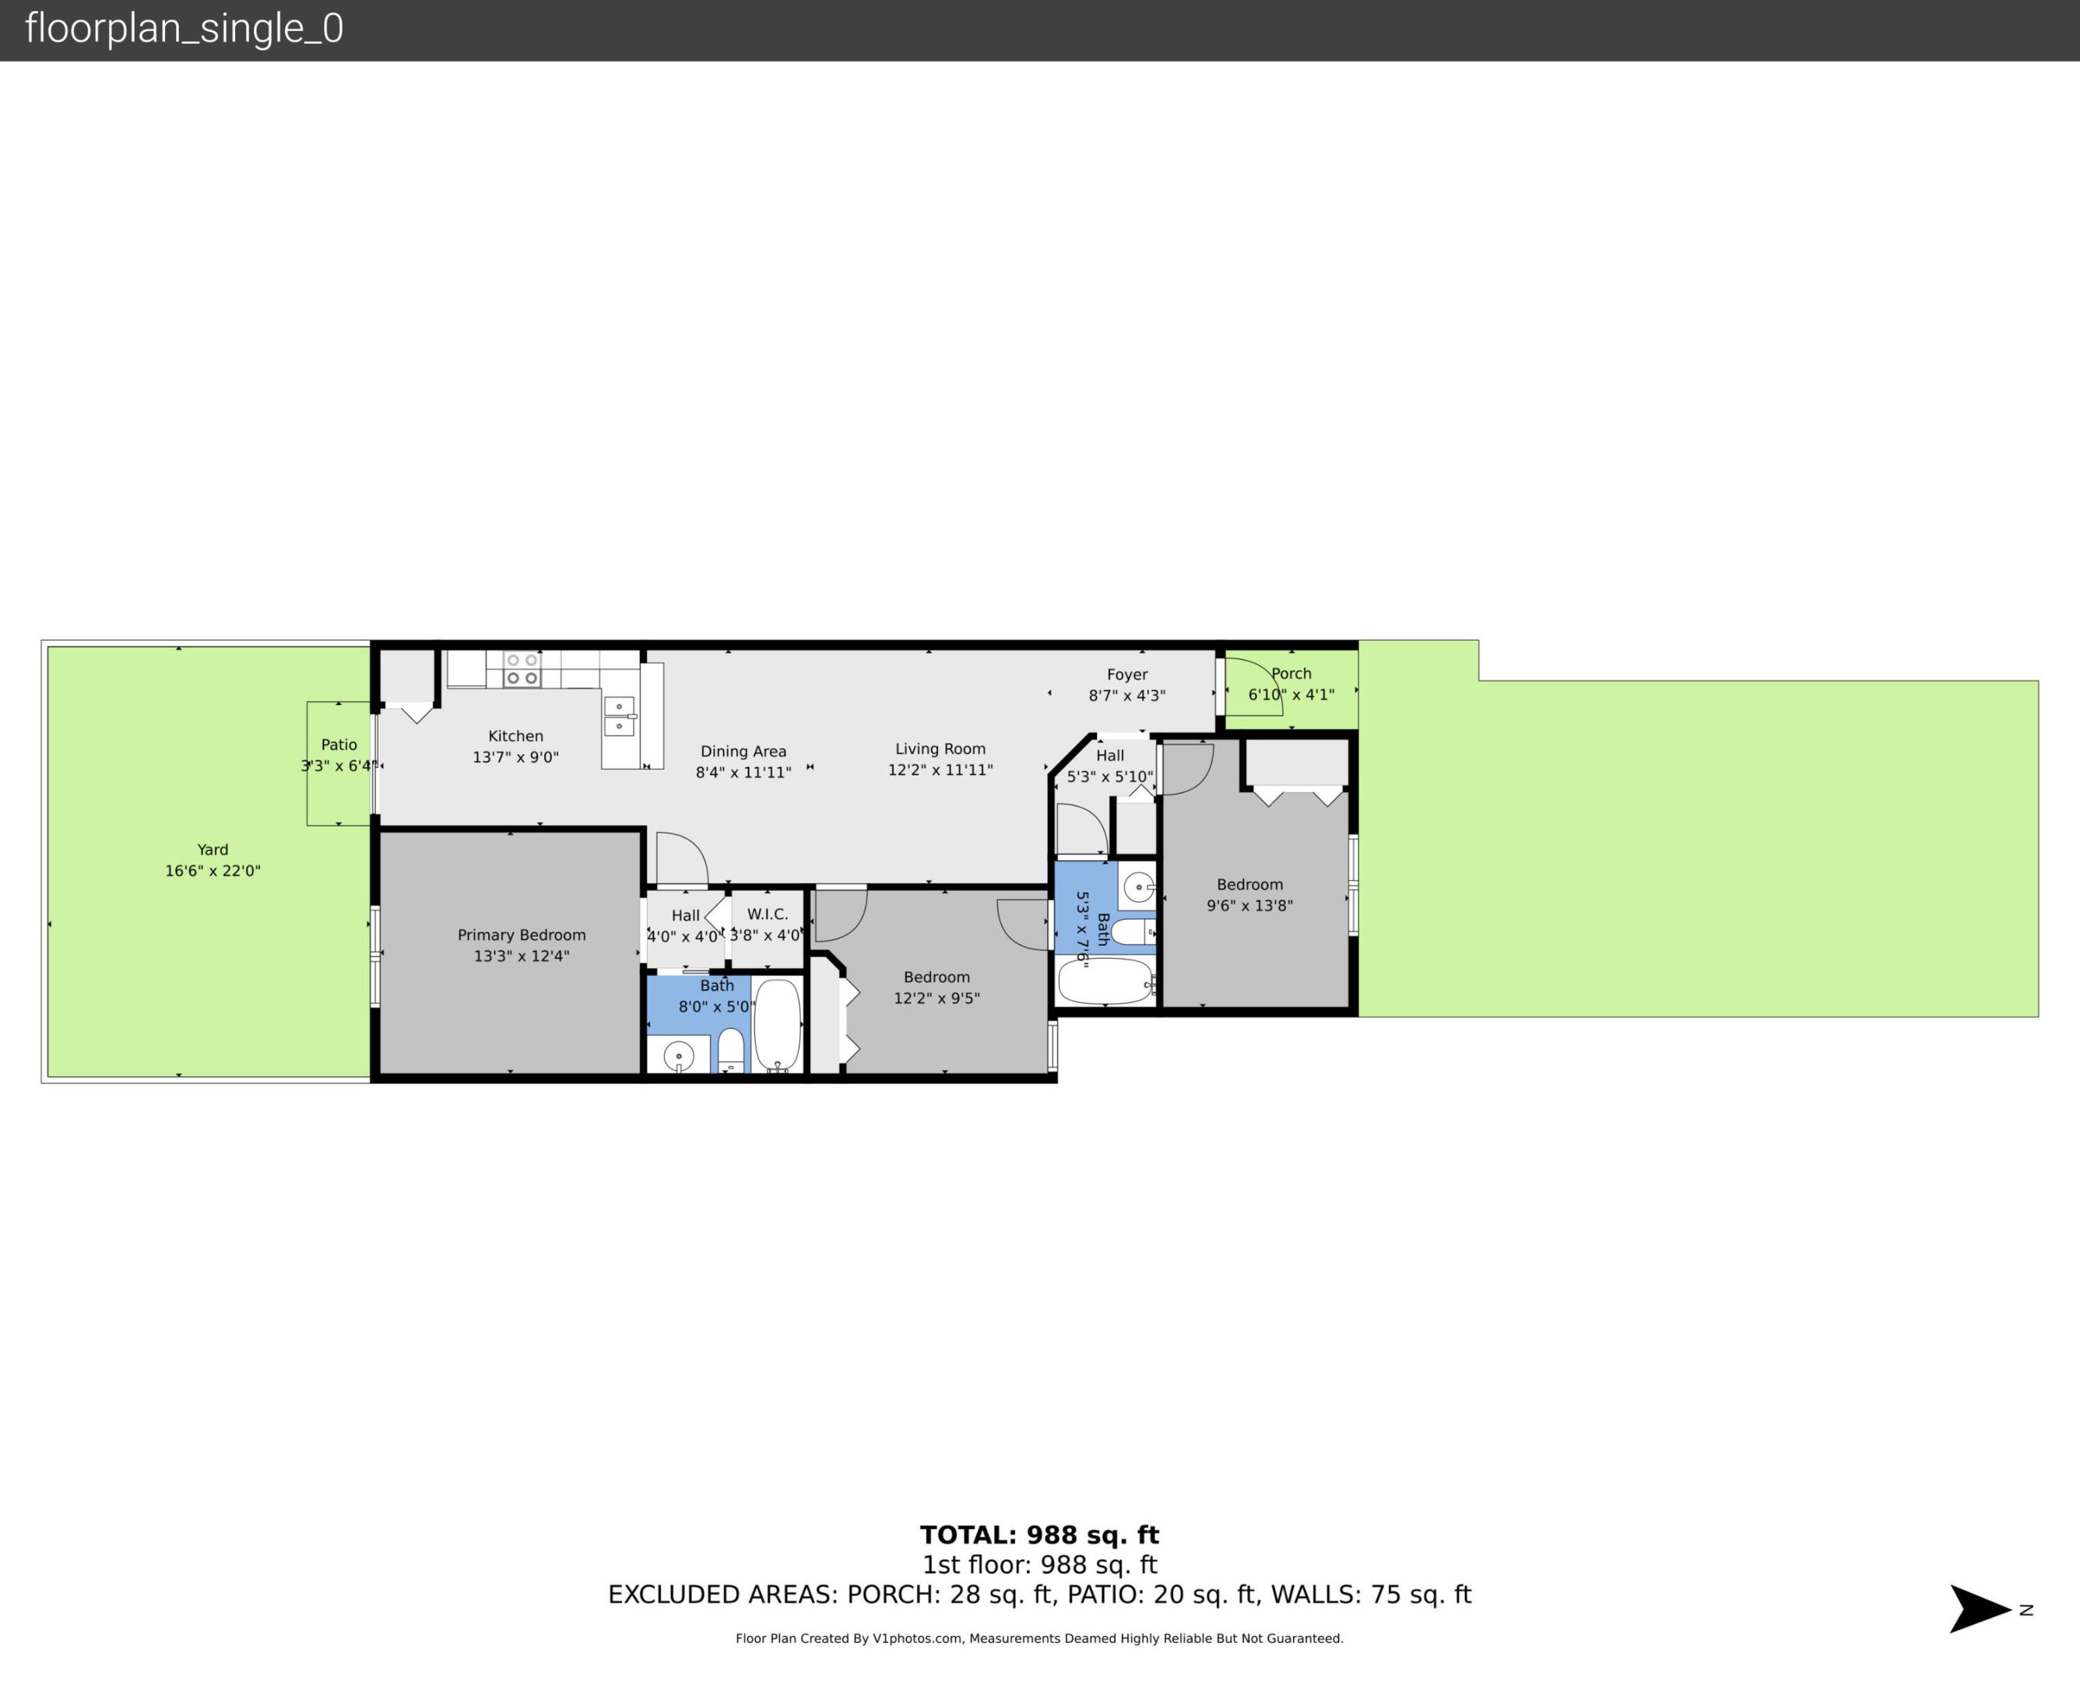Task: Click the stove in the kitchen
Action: point(521,669)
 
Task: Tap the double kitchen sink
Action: point(619,715)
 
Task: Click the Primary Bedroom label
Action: point(521,935)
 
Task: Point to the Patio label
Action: point(339,745)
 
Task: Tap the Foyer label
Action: point(1126,674)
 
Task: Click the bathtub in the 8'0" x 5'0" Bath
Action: point(777,1024)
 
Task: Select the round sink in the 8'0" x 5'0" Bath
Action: point(678,1055)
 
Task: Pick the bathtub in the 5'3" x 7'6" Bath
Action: point(1104,981)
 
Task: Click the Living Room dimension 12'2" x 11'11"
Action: point(940,770)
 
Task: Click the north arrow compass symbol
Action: point(1981,1610)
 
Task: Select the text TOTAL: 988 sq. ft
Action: point(1039,1535)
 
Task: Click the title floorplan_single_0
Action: point(184,29)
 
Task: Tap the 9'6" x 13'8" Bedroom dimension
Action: point(1249,905)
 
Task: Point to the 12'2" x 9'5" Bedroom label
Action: point(936,977)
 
